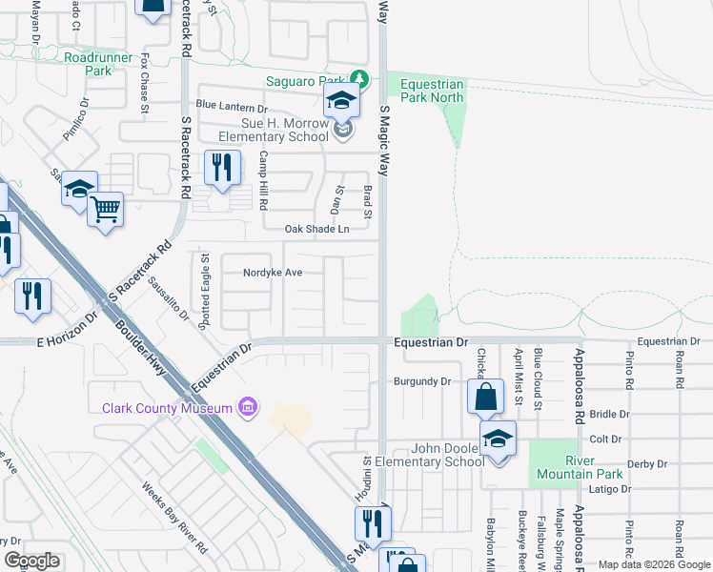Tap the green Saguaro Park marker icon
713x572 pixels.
coord(358,78)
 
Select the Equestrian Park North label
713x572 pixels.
coord(432,91)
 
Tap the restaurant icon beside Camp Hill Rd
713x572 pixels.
coord(221,168)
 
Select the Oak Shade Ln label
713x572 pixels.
coord(317,229)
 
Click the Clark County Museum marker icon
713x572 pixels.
coord(248,407)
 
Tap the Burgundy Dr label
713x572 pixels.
coord(421,381)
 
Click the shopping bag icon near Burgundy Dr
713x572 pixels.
coord(485,396)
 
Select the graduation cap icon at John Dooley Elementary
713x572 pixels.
coord(498,439)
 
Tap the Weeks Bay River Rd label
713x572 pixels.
coord(175,519)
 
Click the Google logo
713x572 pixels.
coord(31,561)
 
